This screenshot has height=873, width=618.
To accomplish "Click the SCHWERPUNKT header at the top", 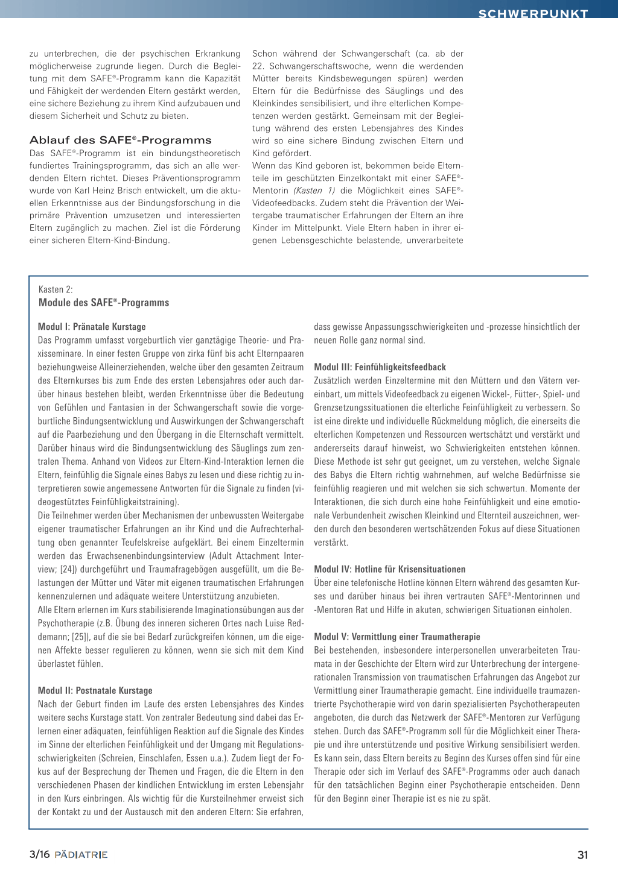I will [x=533, y=13].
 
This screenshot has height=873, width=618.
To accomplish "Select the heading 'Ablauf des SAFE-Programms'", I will [x=120, y=140].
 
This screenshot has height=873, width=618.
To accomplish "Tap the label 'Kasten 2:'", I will [x=56, y=289].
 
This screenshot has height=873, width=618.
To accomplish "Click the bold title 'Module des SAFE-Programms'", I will [x=104, y=303].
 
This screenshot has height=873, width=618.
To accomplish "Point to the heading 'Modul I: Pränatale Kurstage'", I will [x=92, y=327].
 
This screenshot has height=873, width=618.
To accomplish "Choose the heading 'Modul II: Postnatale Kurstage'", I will [x=95, y=691].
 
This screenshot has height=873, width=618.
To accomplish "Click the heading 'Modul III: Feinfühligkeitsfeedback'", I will [x=380, y=367].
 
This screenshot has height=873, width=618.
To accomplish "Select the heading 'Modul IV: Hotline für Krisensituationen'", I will [x=389, y=569].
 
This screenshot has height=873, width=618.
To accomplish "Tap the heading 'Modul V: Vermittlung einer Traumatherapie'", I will [x=397, y=637].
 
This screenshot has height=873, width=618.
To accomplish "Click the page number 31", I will [x=582, y=855].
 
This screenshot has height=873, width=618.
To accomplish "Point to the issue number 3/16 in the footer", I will [x=40, y=854].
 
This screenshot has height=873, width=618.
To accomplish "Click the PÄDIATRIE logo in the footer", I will [x=81, y=855].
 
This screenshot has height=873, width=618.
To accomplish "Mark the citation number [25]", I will [x=80, y=637].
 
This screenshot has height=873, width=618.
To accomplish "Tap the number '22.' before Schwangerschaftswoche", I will [x=258, y=66].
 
